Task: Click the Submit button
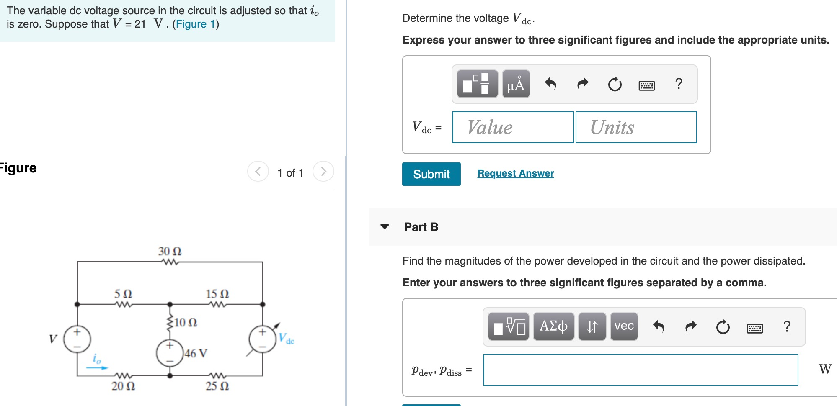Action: tap(431, 174)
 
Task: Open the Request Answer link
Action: tap(515, 173)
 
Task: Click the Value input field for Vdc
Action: tap(513, 127)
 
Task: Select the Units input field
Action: tap(636, 127)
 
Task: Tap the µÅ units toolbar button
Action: tap(516, 84)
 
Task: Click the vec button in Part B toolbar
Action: tap(624, 326)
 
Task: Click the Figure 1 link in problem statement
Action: tap(195, 24)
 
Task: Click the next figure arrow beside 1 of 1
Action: tap(323, 172)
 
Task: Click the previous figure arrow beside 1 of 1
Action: tap(258, 172)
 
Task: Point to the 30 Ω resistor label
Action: tap(170, 251)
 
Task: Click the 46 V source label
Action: tap(196, 353)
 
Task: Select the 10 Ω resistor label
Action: tap(186, 322)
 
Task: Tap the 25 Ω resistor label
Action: tap(217, 386)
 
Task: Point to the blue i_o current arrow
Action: tap(97, 367)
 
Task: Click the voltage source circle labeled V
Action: tap(77, 339)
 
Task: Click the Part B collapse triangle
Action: tap(385, 227)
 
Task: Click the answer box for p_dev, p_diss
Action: tap(641, 370)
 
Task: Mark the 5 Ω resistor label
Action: tap(123, 294)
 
